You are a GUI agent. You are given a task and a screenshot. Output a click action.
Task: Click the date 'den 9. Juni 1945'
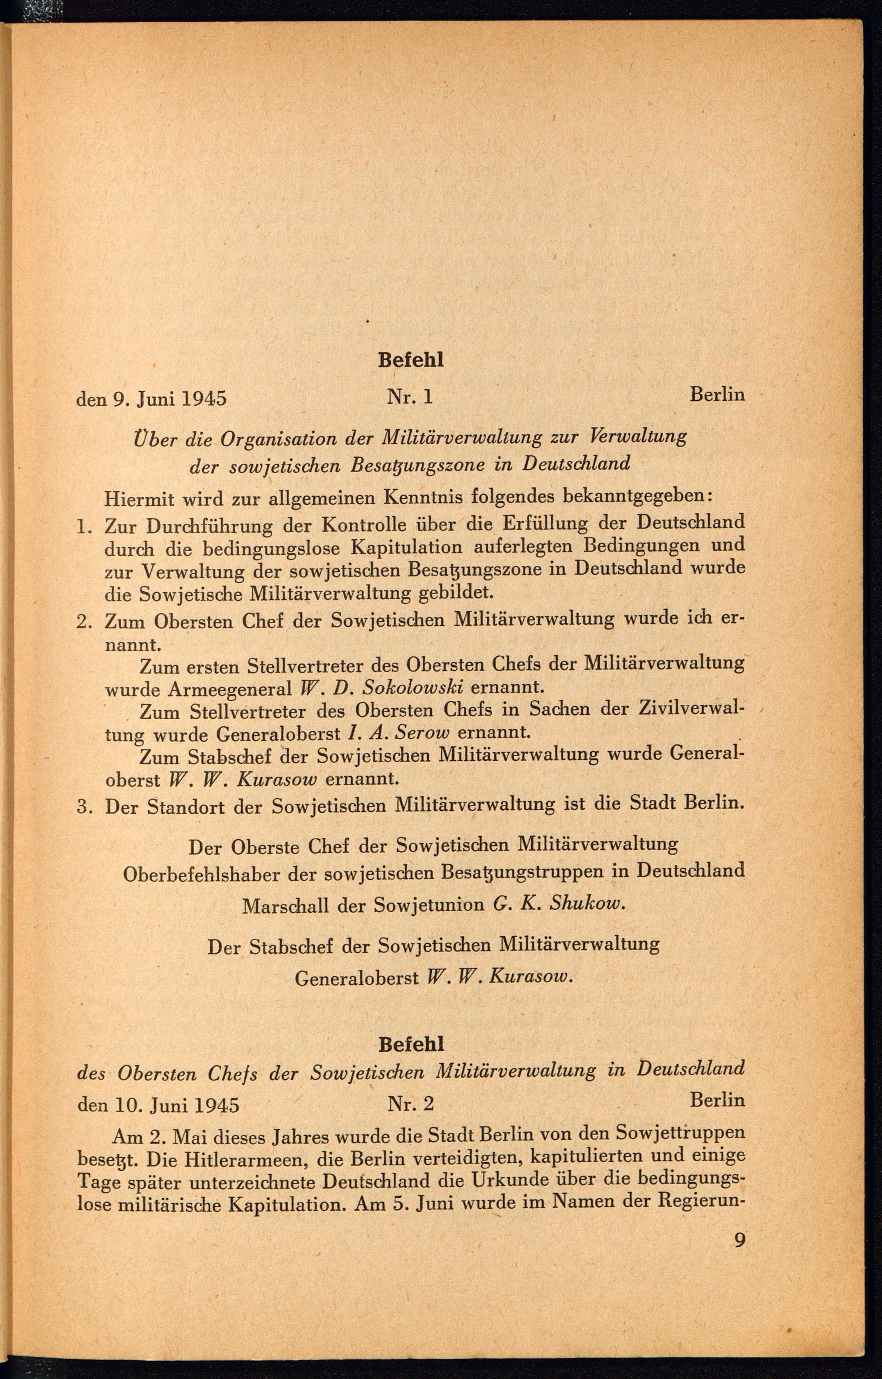coord(151,398)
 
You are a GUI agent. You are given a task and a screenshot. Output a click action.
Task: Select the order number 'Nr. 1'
coord(410,396)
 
